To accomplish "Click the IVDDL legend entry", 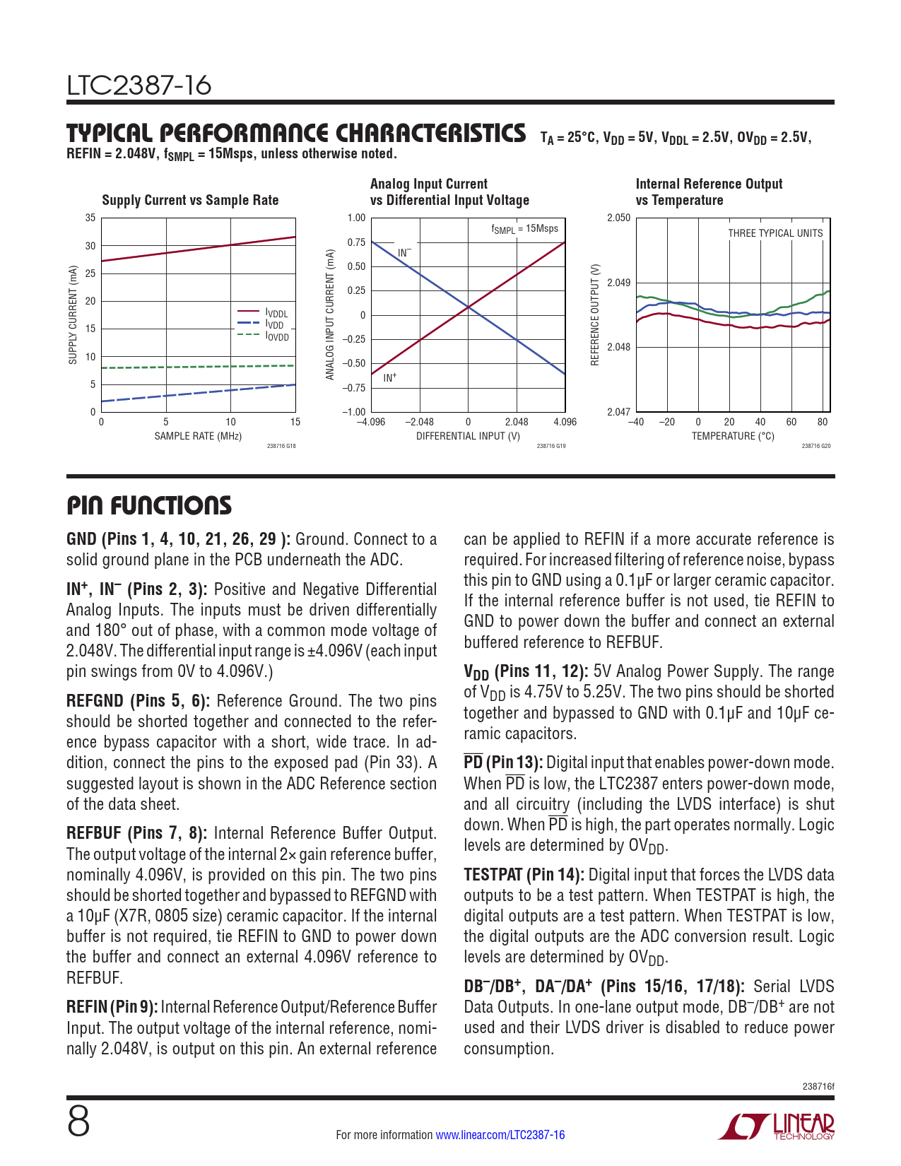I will (x=276, y=313).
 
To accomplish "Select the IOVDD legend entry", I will (x=277, y=336).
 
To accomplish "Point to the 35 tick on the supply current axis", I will (x=90, y=218).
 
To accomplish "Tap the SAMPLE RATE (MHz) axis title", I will (x=198, y=436).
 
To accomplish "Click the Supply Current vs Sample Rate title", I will (x=190, y=200).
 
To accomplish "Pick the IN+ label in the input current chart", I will (x=390, y=378).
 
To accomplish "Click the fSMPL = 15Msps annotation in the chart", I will (x=524, y=229).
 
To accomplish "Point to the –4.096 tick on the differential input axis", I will (x=371, y=422).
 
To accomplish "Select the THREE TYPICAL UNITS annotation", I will (x=775, y=233).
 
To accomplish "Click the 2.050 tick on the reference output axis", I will (x=618, y=218).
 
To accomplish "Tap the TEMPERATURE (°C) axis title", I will (x=733, y=436).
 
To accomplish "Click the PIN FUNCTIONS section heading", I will (x=148, y=506).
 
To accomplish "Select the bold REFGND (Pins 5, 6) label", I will (x=137, y=701).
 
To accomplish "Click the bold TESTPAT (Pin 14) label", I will (x=524, y=875).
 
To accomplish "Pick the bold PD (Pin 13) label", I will (x=503, y=762).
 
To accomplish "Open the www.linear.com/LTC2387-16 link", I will (x=500, y=1135).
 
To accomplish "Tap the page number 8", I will (x=78, y=1122).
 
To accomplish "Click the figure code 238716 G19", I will (x=551, y=446).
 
